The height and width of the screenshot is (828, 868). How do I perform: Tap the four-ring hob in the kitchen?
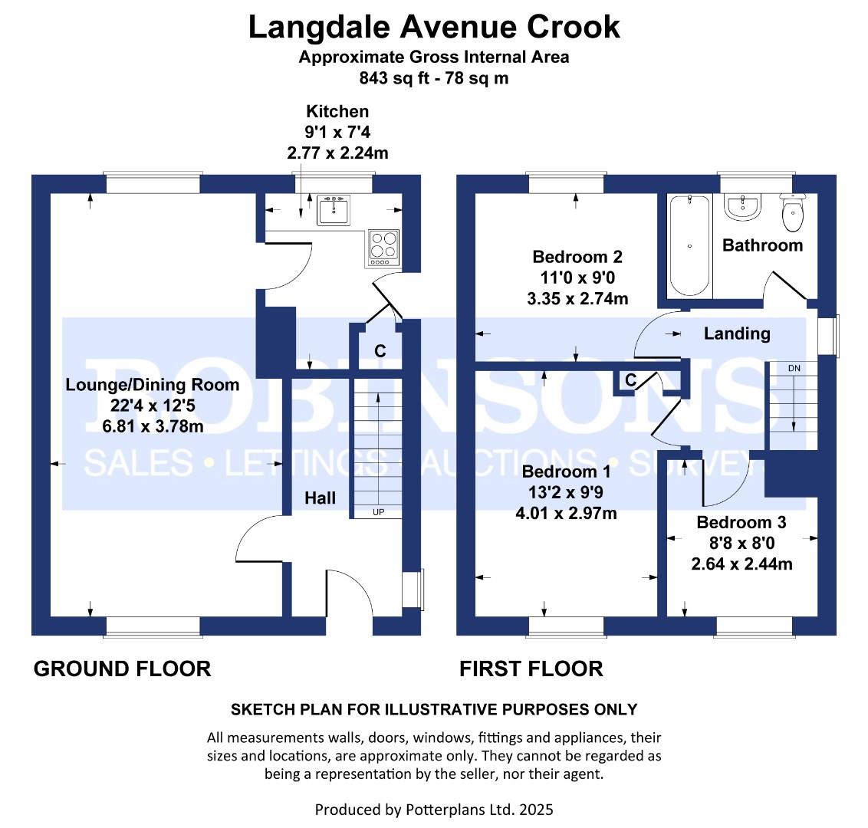pyautogui.click(x=383, y=248)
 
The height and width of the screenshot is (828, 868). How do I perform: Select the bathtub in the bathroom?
pyautogui.click(x=689, y=246)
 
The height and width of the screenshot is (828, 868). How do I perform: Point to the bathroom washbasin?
pyautogui.click(x=743, y=207)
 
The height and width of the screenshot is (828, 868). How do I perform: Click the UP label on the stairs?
pyautogui.click(x=379, y=512)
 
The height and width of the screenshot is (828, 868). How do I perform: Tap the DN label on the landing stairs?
pyautogui.click(x=794, y=368)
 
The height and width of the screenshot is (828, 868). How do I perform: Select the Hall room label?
pyautogui.click(x=320, y=498)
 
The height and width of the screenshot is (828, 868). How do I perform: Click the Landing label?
pyautogui.click(x=737, y=333)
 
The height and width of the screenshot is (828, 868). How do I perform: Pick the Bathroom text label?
pyautogui.click(x=762, y=245)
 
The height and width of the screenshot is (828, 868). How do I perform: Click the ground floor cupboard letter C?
pyautogui.click(x=380, y=351)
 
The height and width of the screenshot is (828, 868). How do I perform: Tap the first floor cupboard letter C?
pyautogui.click(x=630, y=379)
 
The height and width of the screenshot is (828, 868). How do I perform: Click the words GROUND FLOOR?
pyautogui.click(x=123, y=669)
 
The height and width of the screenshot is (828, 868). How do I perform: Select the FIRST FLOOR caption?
pyautogui.click(x=531, y=669)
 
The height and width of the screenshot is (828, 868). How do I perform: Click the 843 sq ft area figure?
pyautogui.click(x=394, y=78)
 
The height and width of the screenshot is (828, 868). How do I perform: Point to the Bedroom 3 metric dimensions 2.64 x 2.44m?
pyautogui.click(x=741, y=564)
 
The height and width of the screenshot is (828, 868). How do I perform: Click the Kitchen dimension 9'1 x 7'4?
pyautogui.click(x=337, y=133)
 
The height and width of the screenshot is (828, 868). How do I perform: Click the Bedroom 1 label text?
pyautogui.click(x=566, y=472)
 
